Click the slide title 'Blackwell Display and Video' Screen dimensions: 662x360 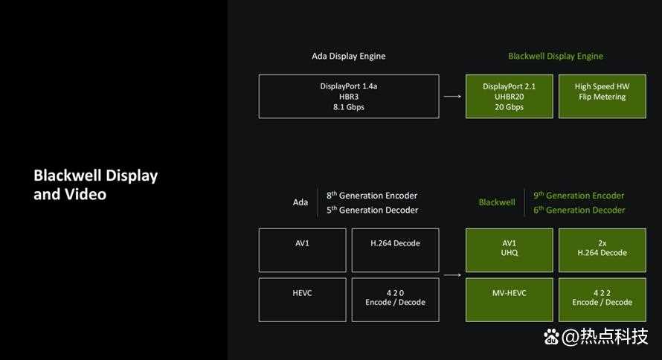tap(95, 185)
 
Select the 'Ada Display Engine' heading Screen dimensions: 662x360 tap(348, 56)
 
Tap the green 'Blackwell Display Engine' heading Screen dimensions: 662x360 tap(555, 56)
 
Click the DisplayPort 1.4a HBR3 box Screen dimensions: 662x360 tap(349, 97)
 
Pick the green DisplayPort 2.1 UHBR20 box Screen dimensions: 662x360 tap(510, 97)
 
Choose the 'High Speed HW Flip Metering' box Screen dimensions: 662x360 tap(602, 97)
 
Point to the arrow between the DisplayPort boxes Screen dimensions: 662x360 tap(452, 97)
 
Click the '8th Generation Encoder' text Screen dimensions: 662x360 tap(371, 196)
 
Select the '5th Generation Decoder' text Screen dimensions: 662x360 tap(372, 210)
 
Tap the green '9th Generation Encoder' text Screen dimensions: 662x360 tap(579, 196)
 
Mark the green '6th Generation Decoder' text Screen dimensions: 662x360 tap(579, 210)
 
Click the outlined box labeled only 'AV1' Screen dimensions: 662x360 tap(302, 250)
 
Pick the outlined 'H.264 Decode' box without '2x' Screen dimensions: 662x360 tap(395, 250)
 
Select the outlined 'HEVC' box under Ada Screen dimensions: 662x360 tap(302, 300)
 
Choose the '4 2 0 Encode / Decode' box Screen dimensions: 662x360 tap(395, 300)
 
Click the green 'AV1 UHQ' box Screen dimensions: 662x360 tap(510, 250)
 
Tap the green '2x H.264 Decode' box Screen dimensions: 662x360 tap(602, 250)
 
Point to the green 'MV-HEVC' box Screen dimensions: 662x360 tap(510, 300)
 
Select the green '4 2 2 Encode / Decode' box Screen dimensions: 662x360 tap(602, 300)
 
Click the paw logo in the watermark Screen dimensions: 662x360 tap(551, 337)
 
